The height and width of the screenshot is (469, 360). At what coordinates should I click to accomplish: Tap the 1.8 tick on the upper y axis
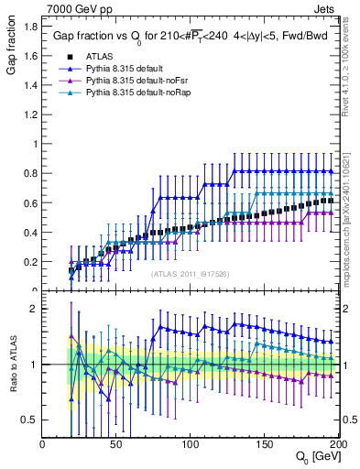point(30,27)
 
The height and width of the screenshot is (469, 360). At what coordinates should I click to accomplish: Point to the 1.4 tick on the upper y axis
point(30,85)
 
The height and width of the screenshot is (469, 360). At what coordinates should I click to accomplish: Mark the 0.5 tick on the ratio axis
point(30,420)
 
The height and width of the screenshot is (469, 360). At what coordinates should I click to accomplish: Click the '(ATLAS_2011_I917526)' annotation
point(189,273)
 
